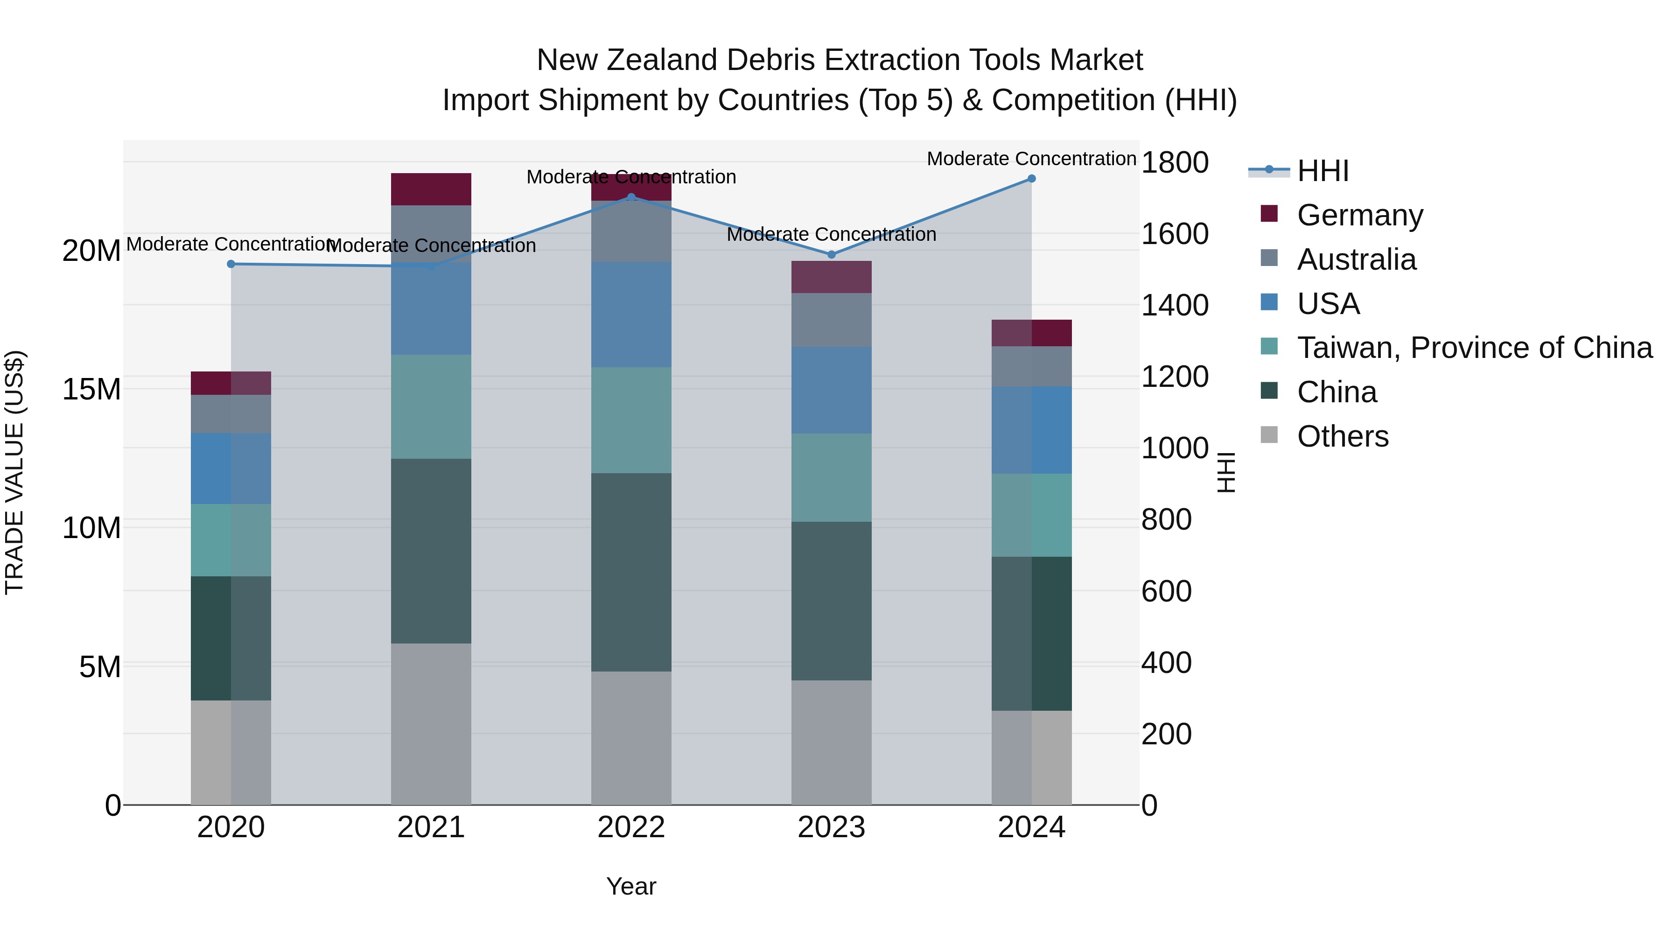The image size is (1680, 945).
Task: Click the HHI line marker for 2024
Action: click(1031, 179)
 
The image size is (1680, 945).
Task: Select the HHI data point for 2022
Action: click(630, 197)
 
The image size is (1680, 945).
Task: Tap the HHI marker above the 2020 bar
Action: click(231, 264)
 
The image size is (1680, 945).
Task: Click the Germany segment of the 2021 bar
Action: click(431, 189)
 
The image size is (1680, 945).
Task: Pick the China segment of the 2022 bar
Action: click(630, 572)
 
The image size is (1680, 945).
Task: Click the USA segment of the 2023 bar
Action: click(831, 390)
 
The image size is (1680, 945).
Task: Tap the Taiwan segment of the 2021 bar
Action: click(431, 406)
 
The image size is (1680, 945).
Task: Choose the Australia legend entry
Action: click(1357, 259)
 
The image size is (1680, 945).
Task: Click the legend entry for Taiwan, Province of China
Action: click(1474, 348)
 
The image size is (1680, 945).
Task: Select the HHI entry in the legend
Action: click(1323, 171)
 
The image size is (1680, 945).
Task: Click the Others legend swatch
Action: click(1269, 435)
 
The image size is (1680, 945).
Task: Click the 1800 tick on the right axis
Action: click(1174, 162)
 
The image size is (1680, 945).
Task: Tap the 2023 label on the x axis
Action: click(831, 827)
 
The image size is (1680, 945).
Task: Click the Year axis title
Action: click(630, 886)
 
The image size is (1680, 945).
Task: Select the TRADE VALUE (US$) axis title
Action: click(14, 472)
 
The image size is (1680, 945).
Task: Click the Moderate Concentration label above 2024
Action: click(1031, 159)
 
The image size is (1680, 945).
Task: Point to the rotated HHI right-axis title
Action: click(1226, 472)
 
